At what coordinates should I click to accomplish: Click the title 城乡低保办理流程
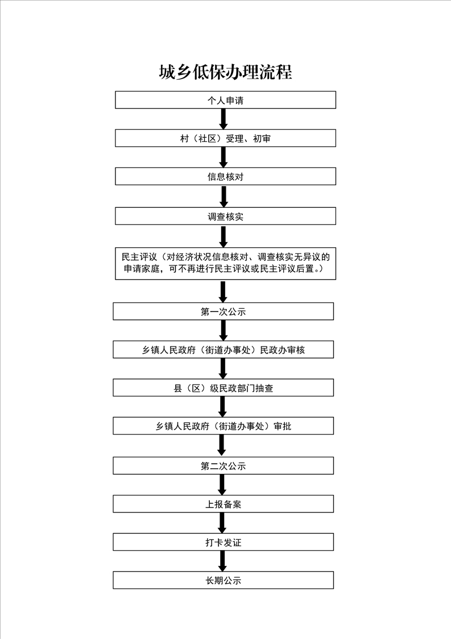[x=225, y=72]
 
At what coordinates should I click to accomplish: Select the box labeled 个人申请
[x=225, y=100]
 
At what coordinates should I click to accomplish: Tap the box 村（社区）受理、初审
[x=225, y=138]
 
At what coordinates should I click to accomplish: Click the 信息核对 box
[x=225, y=177]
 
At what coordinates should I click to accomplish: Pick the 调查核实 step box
[x=225, y=216]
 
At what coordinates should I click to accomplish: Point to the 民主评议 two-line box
[x=225, y=263]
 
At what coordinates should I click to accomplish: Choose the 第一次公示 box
[x=223, y=312]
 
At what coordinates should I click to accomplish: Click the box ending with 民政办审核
[x=223, y=350]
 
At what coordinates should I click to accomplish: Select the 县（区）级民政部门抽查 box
[x=223, y=388]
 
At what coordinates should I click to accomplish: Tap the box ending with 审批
[x=223, y=426]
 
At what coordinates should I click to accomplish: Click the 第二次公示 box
[x=223, y=466]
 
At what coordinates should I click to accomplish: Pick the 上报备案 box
[x=223, y=504]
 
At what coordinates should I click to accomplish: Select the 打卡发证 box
[x=223, y=542]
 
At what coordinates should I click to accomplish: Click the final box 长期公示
[x=223, y=580]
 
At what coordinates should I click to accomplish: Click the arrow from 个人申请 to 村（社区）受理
[x=224, y=119]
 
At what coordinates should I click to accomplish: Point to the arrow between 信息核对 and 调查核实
[x=224, y=196]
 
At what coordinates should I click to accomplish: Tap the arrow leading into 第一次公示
[x=223, y=292]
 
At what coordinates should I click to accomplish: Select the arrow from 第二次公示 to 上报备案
[x=222, y=485]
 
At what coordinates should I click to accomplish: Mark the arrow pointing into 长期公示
[x=222, y=561]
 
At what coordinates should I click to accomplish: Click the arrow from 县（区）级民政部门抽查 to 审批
[x=222, y=407]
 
